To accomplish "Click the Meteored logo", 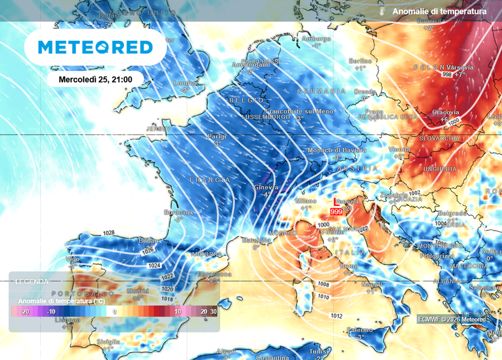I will pyautogui.click(x=95, y=47).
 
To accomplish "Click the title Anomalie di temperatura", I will pyautogui.click(x=440, y=11).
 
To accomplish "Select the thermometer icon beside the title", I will pyautogui.click(x=381, y=11).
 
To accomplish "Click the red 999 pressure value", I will pyautogui.click(x=336, y=212).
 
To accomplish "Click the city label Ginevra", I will pyautogui.click(x=266, y=188).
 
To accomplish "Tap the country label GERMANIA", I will pyautogui.click(x=321, y=92).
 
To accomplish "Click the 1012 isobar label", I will pyautogui.click(x=336, y=316).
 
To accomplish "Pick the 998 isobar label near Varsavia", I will pyautogui.click(x=447, y=74).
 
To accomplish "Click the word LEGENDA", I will pyautogui.click(x=32, y=282).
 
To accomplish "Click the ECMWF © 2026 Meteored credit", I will pyautogui.click(x=452, y=319).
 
